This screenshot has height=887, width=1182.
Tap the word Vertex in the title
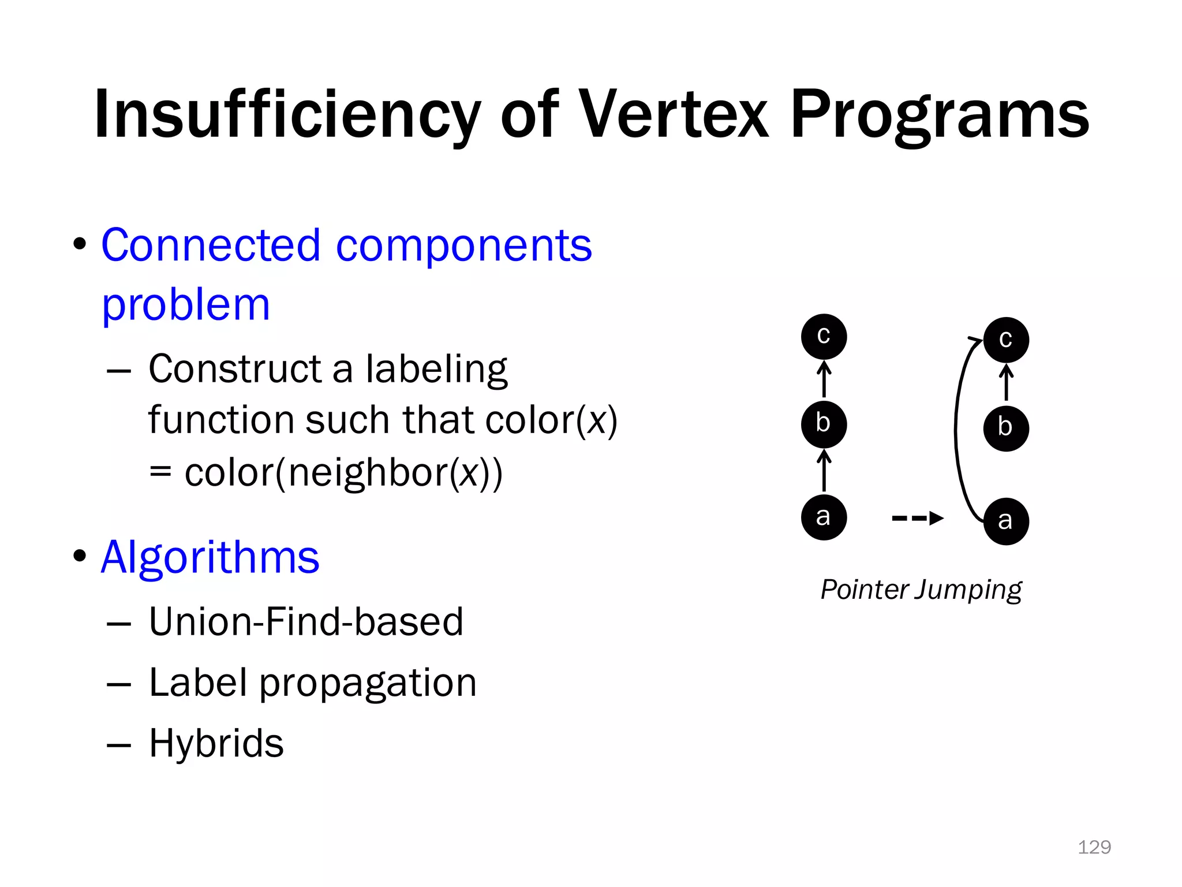click(673, 114)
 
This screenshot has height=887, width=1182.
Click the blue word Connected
click(211, 245)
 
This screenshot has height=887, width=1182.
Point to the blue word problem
click(186, 304)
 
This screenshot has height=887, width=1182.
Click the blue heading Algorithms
click(210, 557)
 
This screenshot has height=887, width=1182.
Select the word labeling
click(436, 370)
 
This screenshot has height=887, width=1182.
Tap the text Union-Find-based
click(306, 622)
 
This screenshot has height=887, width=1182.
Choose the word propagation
click(368, 683)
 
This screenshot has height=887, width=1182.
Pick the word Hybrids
click(216, 743)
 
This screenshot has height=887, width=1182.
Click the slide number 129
click(1094, 847)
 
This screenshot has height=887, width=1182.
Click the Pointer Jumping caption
click(921, 590)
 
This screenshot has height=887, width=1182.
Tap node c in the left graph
click(824, 337)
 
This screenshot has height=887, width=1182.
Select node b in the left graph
click(824, 424)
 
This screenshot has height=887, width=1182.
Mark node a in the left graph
click(824, 517)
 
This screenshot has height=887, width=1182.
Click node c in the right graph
click(1006, 340)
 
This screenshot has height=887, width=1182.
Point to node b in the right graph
click(1006, 428)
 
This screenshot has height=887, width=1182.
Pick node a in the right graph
click(1006, 521)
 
